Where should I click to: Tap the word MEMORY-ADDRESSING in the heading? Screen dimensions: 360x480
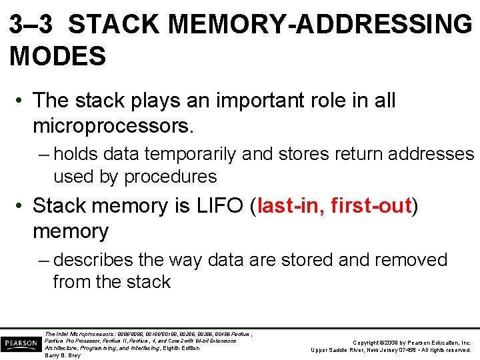pyautogui.click(x=320, y=25)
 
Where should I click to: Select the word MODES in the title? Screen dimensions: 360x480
pyautogui.click(x=58, y=57)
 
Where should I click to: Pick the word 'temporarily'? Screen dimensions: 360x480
pyautogui.click(x=181, y=154)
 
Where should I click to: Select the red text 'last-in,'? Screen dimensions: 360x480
pyautogui.click(x=291, y=206)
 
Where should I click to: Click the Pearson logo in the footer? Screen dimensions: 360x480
pyautogui.click(x=21, y=344)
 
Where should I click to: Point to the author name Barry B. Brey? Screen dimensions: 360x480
pyautogui.click(x=63, y=355)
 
